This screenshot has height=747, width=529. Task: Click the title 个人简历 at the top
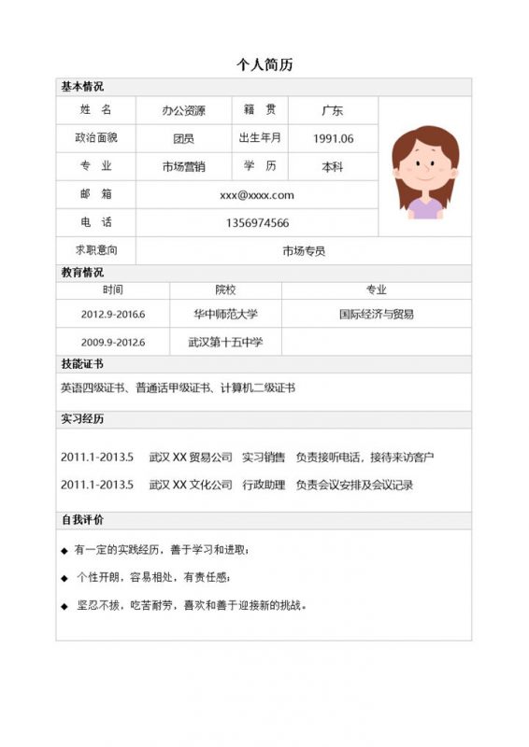264,64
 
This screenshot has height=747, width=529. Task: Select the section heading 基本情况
82,87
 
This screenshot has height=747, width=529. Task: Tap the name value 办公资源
183,111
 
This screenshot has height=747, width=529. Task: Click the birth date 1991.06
334,139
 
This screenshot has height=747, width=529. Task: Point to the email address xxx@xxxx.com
257,195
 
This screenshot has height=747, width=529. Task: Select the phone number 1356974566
257,223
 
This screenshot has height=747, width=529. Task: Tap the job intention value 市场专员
304,251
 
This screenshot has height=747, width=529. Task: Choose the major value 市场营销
183,167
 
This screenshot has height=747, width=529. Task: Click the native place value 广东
333,111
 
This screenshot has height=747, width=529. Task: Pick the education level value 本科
333,167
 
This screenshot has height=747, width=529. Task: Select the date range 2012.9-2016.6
113,315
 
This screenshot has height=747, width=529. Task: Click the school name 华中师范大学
225,315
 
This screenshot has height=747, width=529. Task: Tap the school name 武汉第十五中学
225,343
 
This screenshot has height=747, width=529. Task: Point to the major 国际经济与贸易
376,315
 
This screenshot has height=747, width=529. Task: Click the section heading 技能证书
82,364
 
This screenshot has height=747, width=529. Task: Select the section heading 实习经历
82,419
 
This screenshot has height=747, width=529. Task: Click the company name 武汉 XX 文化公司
191,486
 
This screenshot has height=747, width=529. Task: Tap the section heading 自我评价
82,519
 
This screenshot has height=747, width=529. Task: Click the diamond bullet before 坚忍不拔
64,606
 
